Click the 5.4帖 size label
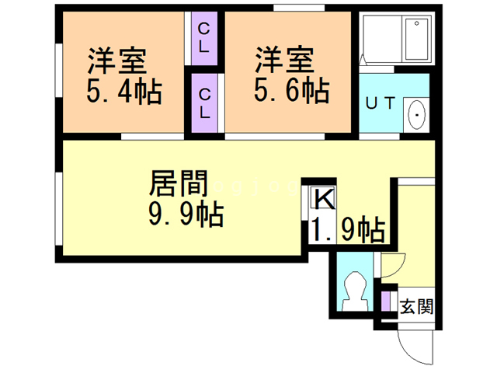pos(123,92)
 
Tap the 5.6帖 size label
pos(292,92)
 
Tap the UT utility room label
pos(381,105)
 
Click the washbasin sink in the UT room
pos(416,115)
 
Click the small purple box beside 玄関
pos(386,301)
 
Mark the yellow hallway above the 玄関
pos(414,233)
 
